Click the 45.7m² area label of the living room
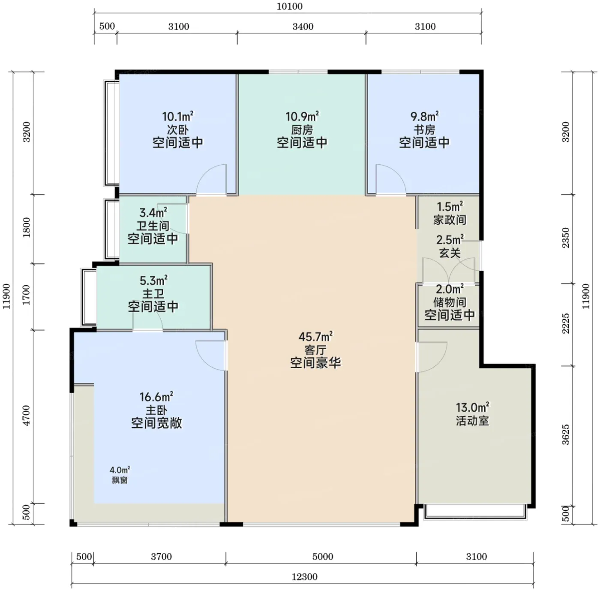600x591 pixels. coord(315,337)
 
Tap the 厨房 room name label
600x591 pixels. coord(302,130)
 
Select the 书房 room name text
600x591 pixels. coord(424,130)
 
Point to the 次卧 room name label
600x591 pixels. coord(177,130)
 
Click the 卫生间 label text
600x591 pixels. coord(153,226)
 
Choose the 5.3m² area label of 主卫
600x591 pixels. coord(153,280)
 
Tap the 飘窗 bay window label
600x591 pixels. coord(120,480)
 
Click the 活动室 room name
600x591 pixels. coord(472,421)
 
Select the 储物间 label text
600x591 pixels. coord(450,302)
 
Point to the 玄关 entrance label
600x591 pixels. coord(450,253)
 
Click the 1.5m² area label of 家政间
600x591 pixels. coord(450,206)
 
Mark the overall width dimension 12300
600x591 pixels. coord(305,577)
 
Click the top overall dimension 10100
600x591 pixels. coord(290,6)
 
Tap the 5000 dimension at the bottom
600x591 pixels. coord(323,557)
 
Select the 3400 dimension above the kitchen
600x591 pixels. coord(303,27)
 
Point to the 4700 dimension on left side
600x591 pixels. coord(27,415)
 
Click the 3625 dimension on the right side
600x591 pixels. coord(566,434)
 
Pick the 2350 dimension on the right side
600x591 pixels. coord(566,238)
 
